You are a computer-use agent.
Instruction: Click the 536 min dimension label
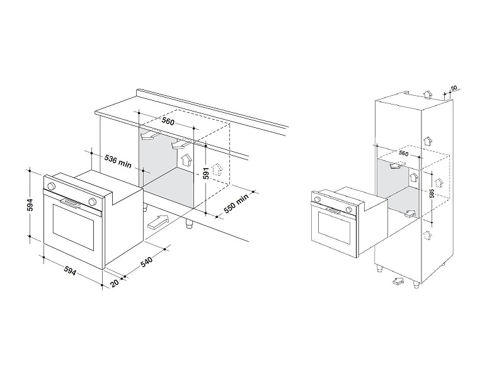tap(118, 161)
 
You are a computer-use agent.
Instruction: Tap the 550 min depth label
tap(236, 203)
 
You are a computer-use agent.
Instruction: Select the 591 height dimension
tap(207, 173)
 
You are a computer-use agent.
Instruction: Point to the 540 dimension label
tap(146, 261)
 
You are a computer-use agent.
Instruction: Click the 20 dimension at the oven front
tap(115, 283)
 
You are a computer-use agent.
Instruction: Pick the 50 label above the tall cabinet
tap(454, 88)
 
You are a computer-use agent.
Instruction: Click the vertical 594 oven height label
tap(30, 205)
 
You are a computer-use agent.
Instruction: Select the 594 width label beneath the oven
tap(70, 271)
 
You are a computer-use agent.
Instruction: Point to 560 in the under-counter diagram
tap(168, 121)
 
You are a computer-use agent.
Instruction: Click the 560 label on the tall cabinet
tap(403, 153)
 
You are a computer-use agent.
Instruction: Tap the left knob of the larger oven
tap(50, 186)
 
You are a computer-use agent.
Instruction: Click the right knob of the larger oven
tap(92, 202)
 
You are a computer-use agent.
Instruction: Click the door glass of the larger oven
tap(73, 227)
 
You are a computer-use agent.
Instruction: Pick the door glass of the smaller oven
tap(334, 227)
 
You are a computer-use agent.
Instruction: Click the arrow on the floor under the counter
tap(158, 222)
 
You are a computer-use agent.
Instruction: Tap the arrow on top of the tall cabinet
tap(428, 95)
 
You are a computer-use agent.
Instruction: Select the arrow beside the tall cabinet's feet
tap(398, 281)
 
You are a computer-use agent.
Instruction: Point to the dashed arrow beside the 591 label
tap(218, 169)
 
